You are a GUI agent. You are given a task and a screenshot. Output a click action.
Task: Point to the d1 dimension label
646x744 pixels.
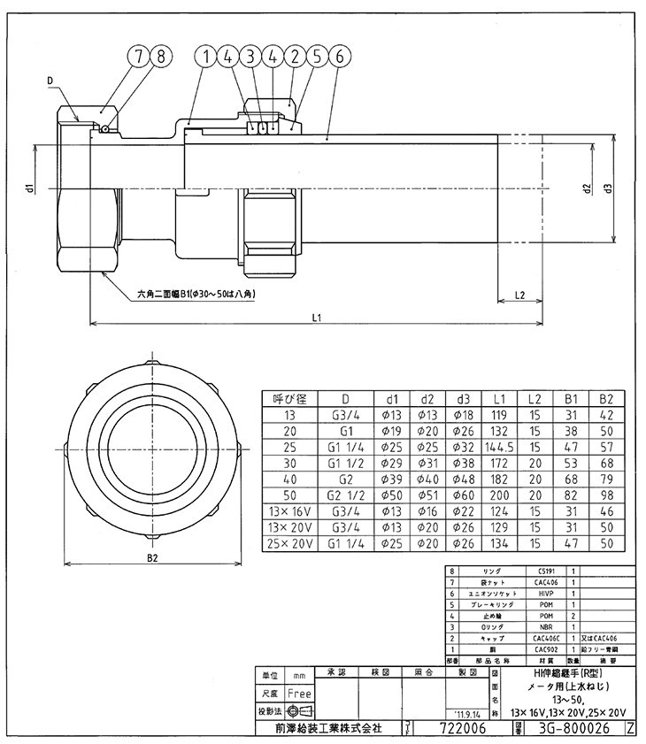tap(30, 189)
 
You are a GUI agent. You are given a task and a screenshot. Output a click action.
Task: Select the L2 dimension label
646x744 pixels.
tap(519, 295)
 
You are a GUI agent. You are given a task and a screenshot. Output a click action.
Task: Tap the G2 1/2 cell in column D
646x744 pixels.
tap(343, 495)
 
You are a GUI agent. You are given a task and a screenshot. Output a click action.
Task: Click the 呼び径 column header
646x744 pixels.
tap(288, 399)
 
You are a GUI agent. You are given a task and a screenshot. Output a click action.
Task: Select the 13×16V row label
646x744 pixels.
tap(288, 510)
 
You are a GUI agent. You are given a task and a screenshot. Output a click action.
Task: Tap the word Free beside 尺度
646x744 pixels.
tap(298, 694)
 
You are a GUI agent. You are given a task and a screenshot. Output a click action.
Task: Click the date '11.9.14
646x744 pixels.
tap(465, 712)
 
